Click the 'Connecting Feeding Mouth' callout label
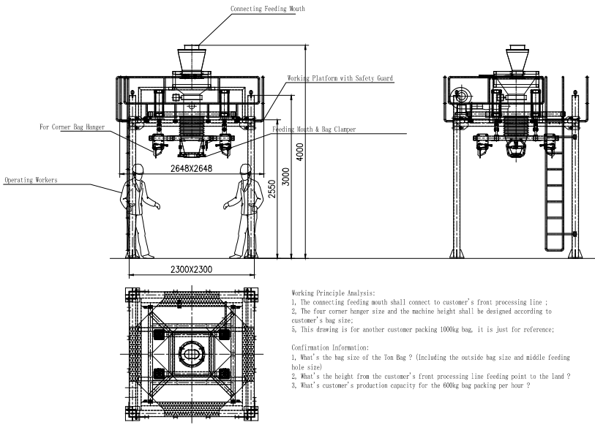(268, 8)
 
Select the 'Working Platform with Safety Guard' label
(340, 78)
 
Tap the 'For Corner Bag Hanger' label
(72, 127)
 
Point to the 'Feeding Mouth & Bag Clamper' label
(314, 129)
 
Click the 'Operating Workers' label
(31, 180)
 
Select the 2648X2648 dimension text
(191, 168)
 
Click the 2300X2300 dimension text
(191, 270)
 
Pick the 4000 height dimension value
(300, 152)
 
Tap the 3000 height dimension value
(286, 177)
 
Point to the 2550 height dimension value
(272, 189)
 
